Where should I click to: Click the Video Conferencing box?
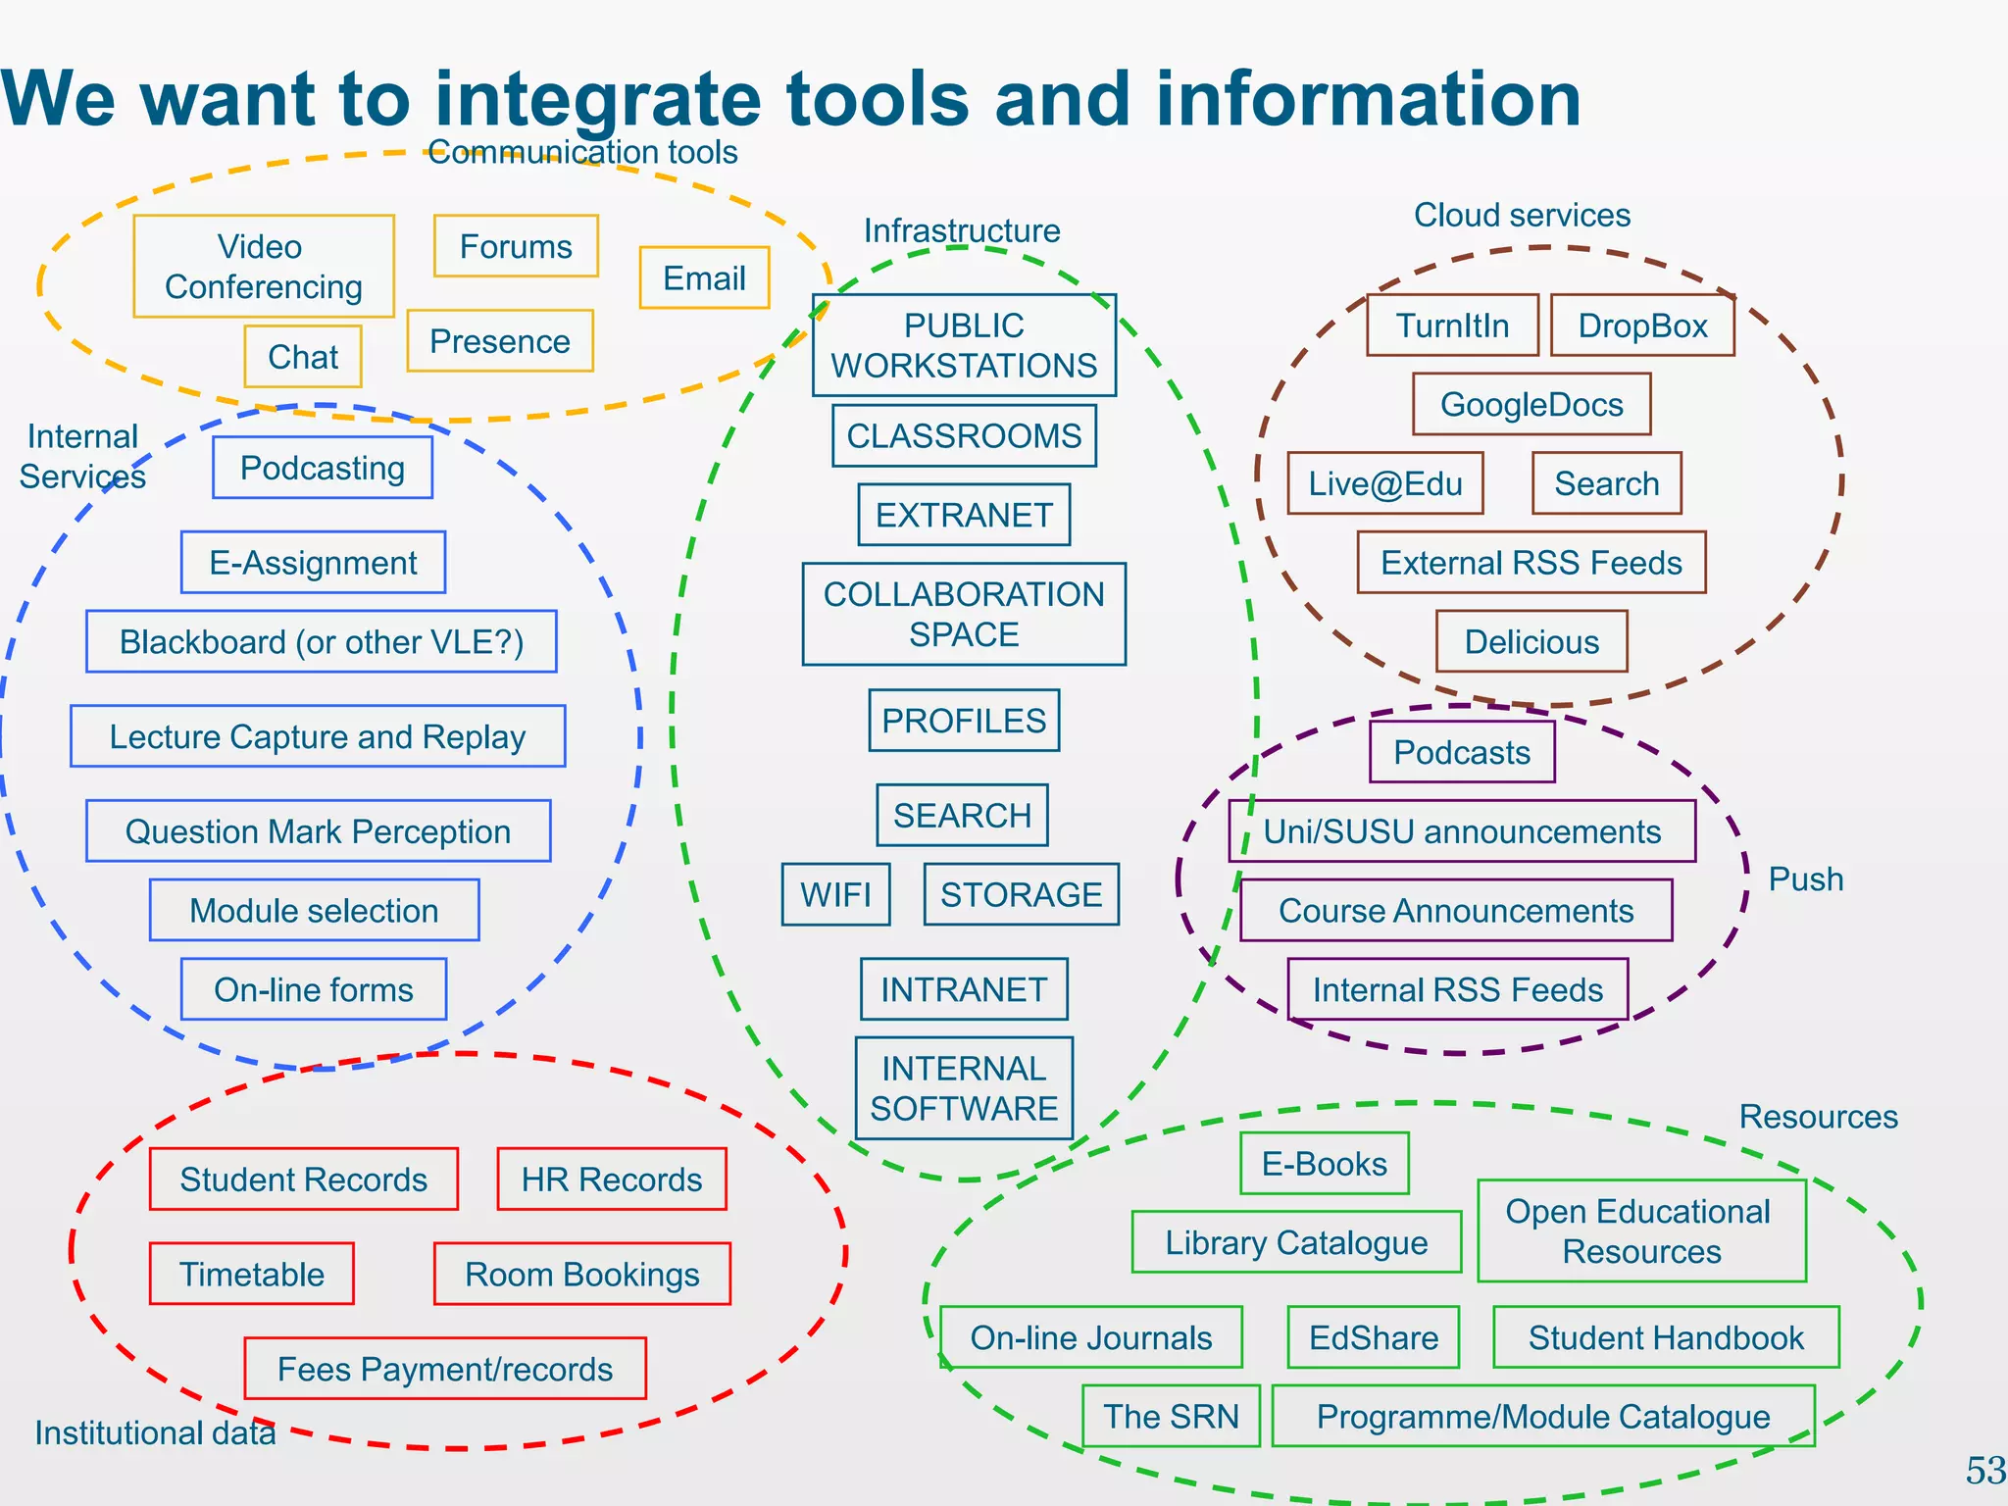264,267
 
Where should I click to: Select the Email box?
704,278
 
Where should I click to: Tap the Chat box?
303,357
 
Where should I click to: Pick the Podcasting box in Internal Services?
323,468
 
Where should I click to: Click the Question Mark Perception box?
318,831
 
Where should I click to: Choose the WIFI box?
835,894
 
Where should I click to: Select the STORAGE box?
1021,894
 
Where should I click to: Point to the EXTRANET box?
964,515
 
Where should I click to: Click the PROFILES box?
964,721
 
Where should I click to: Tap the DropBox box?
1642,326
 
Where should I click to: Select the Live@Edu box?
1384,483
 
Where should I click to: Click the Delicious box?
1531,642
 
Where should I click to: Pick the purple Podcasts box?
1462,752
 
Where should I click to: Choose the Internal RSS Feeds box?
1458,989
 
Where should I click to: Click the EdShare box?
1373,1337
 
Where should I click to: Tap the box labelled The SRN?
1171,1416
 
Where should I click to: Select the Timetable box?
252,1274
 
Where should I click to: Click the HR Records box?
612,1180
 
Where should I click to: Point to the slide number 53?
1985,1471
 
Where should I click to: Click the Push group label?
1806,879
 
